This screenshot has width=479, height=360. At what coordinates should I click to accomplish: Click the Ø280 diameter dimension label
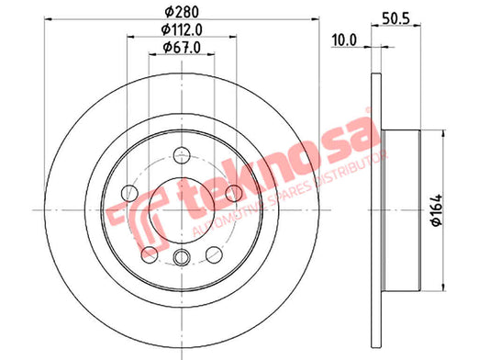pyautogui.click(x=182, y=12)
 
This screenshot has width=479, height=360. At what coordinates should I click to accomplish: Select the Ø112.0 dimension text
pyautogui.click(x=182, y=29)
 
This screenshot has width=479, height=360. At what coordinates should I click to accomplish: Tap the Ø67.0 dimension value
pyautogui.click(x=182, y=48)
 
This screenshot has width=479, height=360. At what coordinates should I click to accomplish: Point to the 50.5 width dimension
pyautogui.click(x=395, y=18)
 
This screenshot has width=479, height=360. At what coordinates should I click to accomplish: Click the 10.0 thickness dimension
pyautogui.click(x=344, y=40)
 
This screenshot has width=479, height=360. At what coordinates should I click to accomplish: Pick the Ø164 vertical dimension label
pyautogui.click(x=437, y=210)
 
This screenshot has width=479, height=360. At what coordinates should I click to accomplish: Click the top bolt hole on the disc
pyautogui.click(x=182, y=155)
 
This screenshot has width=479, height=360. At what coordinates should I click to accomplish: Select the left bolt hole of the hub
pyautogui.click(x=129, y=193)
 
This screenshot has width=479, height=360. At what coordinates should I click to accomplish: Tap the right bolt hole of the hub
pyautogui.click(x=234, y=193)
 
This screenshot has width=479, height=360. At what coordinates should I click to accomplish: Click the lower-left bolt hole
pyautogui.click(x=150, y=254)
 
